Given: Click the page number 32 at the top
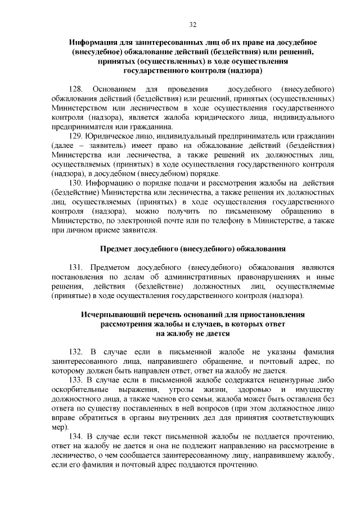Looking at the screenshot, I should point(193,24).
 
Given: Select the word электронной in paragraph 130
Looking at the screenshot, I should point(134,221).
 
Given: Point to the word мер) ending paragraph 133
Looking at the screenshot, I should point(59,427).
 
